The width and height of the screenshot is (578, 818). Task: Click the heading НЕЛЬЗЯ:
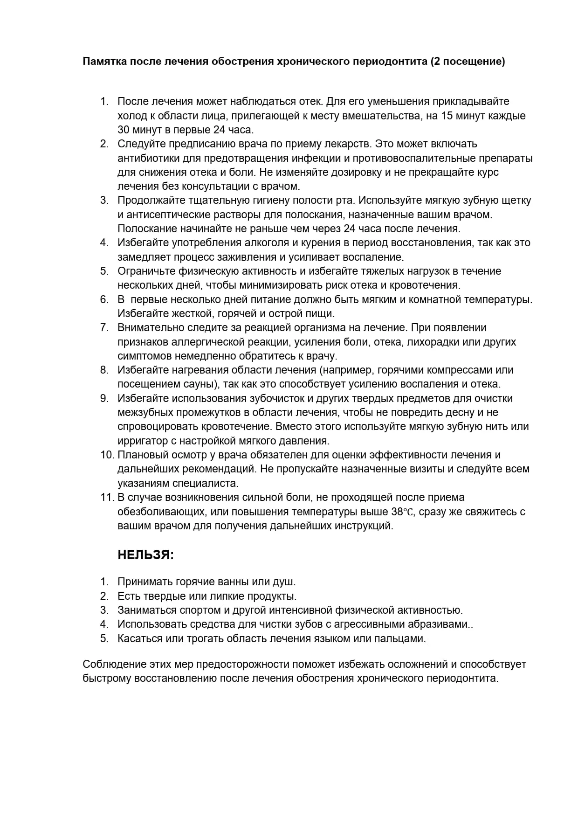pyautogui.click(x=145, y=555)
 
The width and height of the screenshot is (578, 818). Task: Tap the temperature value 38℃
pyautogui.click(x=402, y=512)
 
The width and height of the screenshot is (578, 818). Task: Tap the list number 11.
pyautogui.click(x=107, y=497)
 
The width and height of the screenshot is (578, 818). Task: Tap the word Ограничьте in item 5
pyautogui.click(x=146, y=271)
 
